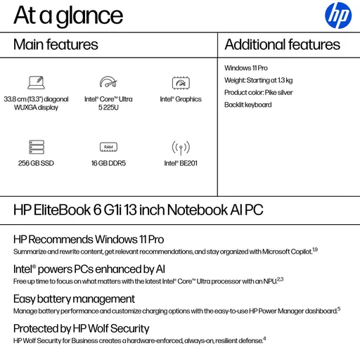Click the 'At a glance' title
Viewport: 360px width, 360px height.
67,15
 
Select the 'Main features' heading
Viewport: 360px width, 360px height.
56,45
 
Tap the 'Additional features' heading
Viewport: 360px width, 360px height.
282,45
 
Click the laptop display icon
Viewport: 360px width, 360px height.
36,82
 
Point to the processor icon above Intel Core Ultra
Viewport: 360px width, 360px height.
108,82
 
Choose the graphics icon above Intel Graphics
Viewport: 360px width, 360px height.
181,82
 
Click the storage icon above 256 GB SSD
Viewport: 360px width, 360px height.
36,147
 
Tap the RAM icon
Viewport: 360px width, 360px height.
108,147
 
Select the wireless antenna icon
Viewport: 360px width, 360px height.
181,147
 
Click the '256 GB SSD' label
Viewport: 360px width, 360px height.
36,163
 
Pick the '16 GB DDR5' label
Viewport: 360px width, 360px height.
108,163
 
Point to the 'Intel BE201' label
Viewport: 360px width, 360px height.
181,163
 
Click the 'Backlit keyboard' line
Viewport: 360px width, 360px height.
247,105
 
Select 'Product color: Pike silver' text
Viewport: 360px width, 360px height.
258,92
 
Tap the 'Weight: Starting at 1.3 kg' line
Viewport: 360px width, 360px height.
258,80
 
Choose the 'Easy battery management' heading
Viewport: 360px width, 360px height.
74,299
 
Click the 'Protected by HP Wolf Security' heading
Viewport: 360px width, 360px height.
82,328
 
